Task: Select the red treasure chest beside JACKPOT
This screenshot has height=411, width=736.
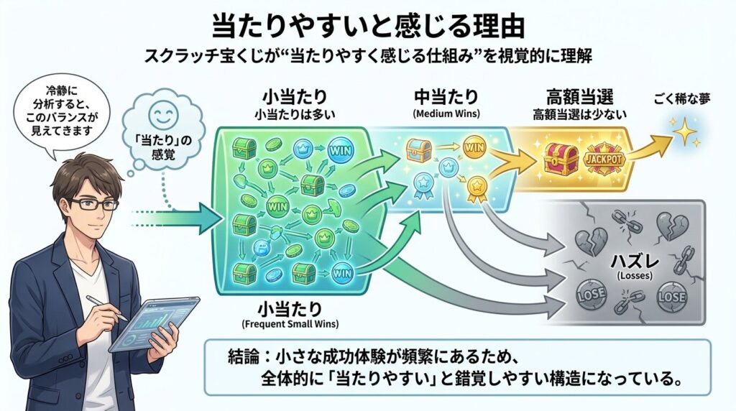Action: point(559,158)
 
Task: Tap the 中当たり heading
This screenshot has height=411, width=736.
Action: point(445,98)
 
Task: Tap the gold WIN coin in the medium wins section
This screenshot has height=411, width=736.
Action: point(474,149)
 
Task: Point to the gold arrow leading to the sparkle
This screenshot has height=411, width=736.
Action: point(651,149)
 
